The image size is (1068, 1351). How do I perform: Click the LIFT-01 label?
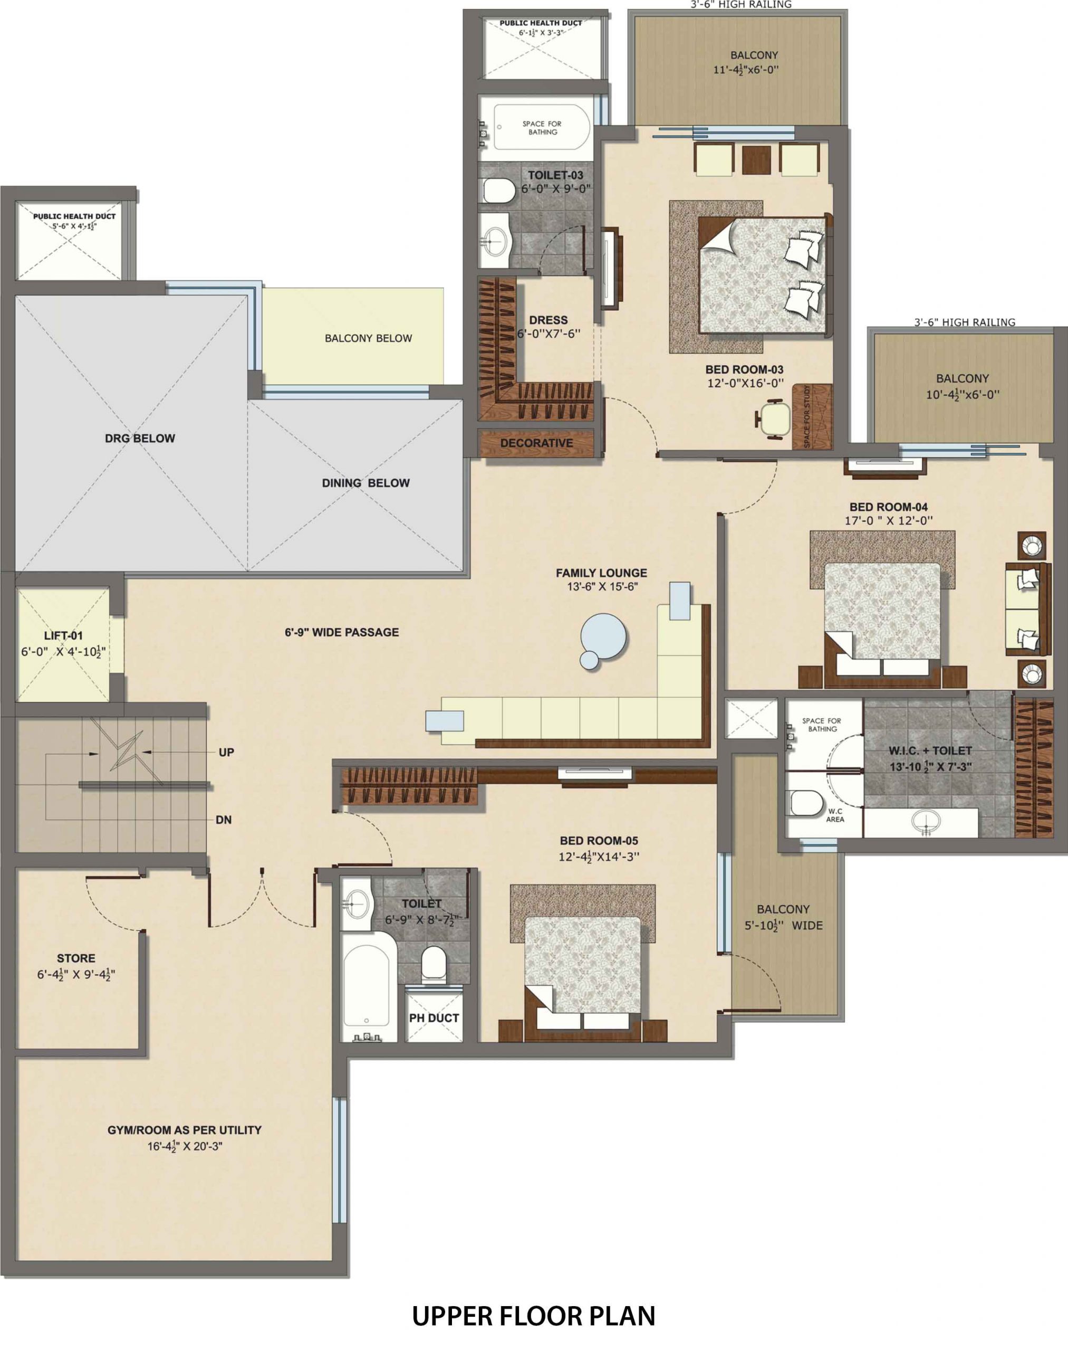(x=63, y=636)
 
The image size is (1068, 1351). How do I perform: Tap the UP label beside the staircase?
(x=226, y=752)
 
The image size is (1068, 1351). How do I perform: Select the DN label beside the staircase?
(x=223, y=820)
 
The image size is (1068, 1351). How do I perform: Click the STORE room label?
(x=76, y=958)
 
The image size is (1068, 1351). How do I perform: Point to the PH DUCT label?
(x=434, y=1018)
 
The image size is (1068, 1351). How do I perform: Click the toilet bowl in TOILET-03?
(x=498, y=190)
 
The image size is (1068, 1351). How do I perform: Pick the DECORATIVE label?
(x=536, y=443)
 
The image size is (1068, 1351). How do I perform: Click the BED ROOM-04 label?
(x=889, y=507)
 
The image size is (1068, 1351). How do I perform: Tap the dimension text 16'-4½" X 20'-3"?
(x=185, y=1146)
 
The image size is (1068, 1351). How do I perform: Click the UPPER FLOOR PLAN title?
(x=534, y=1317)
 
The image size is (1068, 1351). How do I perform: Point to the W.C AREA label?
(x=835, y=815)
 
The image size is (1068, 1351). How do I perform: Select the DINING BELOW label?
(x=366, y=483)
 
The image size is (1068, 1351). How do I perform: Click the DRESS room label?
(x=549, y=320)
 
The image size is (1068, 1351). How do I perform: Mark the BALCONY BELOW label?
(x=368, y=338)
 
